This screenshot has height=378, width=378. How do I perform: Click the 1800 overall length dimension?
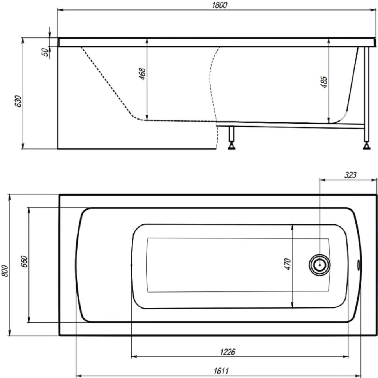coord(219,5)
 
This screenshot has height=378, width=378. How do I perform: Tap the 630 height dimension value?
coord(18,101)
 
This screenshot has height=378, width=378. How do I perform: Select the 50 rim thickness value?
coord(45,52)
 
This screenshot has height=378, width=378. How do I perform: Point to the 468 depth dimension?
coord(142,74)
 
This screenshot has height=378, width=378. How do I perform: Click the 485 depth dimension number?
coord(324,82)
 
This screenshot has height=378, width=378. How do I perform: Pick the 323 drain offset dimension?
coord(350,175)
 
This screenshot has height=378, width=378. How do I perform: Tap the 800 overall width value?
coord(5,271)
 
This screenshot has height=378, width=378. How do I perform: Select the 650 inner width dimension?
coord(24,261)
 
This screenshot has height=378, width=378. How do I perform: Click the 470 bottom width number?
coord(288,264)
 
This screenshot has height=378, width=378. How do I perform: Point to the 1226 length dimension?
coord(227,352)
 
